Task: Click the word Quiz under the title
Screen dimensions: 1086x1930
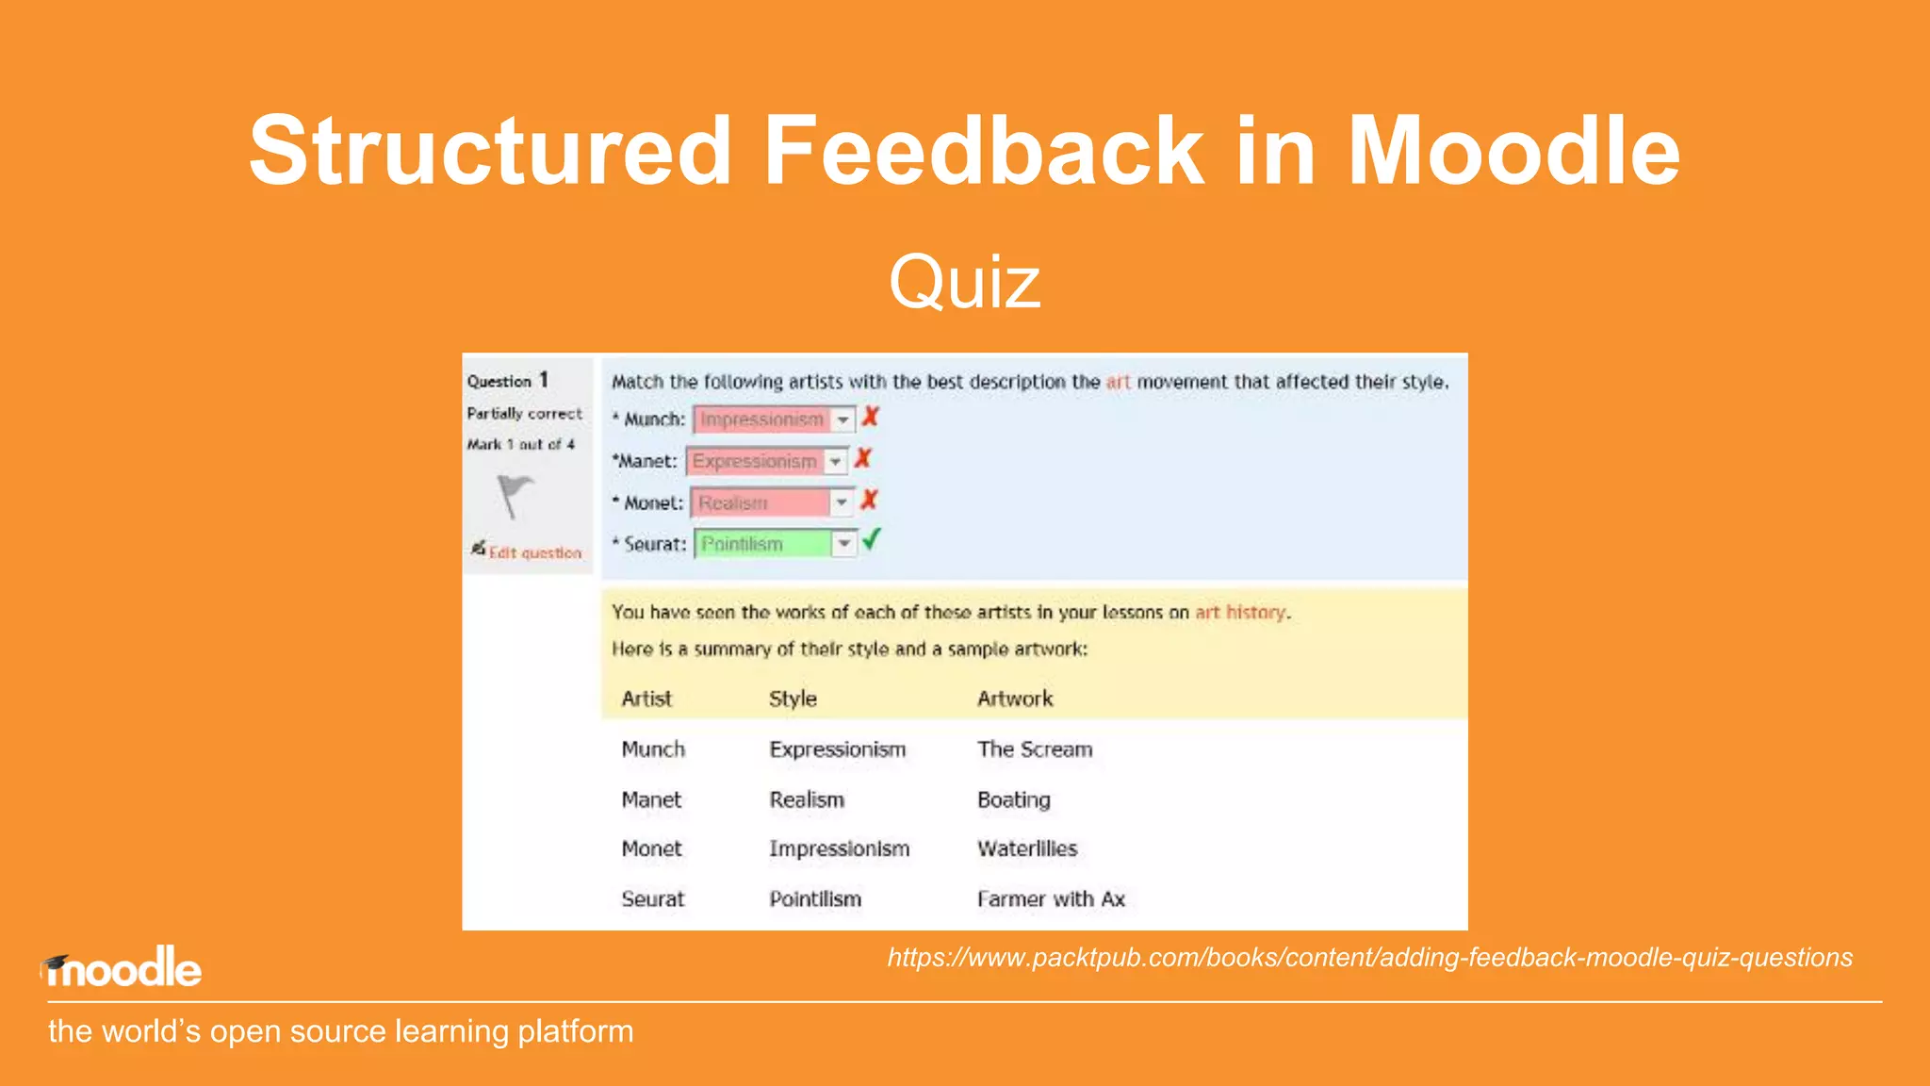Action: pyautogui.click(x=964, y=282)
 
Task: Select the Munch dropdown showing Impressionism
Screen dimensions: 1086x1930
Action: pyautogui.click(x=773, y=420)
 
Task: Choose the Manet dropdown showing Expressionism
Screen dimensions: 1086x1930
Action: pyautogui.click(x=765, y=461)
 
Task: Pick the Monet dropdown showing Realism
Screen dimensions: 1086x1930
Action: pyautogui.click(x=770, y=502)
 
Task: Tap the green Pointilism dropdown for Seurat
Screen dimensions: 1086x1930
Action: pyautogui.click(x=774, y=544)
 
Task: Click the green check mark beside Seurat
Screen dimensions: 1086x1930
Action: pyautogui.click(x=872, y=539)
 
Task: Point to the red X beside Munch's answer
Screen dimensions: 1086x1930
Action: pyautogui.click(x=870, y=417)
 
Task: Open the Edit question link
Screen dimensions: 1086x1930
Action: pyautogui.click(x=534, y=552)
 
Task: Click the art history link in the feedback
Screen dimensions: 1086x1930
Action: pyautogui.click(x=1240, y=613)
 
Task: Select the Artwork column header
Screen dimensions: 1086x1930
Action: pyautogui.click(x=1014, y=699)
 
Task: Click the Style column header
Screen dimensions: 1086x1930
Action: pyautogui.click(x=793, y=699)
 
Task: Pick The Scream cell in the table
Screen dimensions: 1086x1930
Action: pyautogui.click(x=1034, y=749)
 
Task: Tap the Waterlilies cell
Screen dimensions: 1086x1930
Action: pyautogui.click(x=1026, y=848)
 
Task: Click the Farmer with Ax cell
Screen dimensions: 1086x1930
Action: pyautogui.click(x=1051, y=899)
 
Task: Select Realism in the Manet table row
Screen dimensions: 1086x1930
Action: pyautogui.click(x=807, y=799)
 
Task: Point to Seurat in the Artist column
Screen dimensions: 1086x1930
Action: pyautogui.click(x=652, y=899)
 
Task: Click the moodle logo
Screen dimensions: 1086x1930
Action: pyautogui.click(x=122, y=968)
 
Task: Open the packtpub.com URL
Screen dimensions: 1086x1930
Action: pyautogui.click(x=1369, y=958)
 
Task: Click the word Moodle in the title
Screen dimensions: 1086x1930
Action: pyautogui.click(x=1513, y=151)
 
